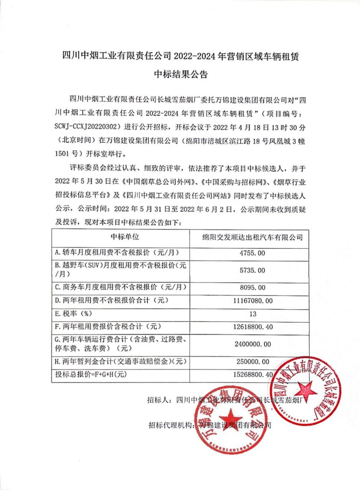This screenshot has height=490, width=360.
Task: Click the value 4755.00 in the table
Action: (250, 253)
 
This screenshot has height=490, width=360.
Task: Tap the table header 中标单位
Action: (120, 237)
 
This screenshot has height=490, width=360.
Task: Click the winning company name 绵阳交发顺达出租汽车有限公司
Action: (250, 237)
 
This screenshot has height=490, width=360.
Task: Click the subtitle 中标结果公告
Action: (180, 74)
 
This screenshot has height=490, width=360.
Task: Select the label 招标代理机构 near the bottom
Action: (170, 426)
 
